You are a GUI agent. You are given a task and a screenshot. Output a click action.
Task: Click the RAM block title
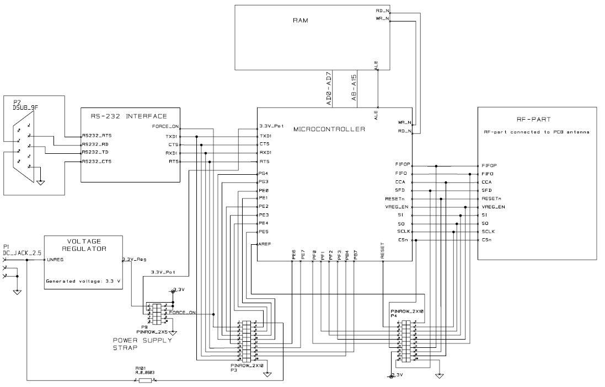tap(301, 20)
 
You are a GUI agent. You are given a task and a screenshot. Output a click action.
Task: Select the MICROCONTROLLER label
tap(329, 130)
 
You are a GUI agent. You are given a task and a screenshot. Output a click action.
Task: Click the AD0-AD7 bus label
tap(329, 88)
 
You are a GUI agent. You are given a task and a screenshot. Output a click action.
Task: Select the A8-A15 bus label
tap(354, 88)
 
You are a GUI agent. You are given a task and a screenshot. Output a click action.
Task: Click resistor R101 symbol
tap(146, 380)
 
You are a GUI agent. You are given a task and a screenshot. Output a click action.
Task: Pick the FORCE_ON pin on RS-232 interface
tap(165, 126)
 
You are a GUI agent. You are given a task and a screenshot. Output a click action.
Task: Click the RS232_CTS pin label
tap(97, 162)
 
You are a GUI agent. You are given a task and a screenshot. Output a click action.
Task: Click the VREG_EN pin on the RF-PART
tap(493, 207)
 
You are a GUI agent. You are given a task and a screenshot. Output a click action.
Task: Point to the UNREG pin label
tap(56, 259)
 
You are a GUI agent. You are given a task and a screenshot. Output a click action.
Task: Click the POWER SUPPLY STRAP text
tap(142, 344)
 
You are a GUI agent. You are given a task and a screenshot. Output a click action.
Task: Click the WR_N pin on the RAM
tap(382, 18)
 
